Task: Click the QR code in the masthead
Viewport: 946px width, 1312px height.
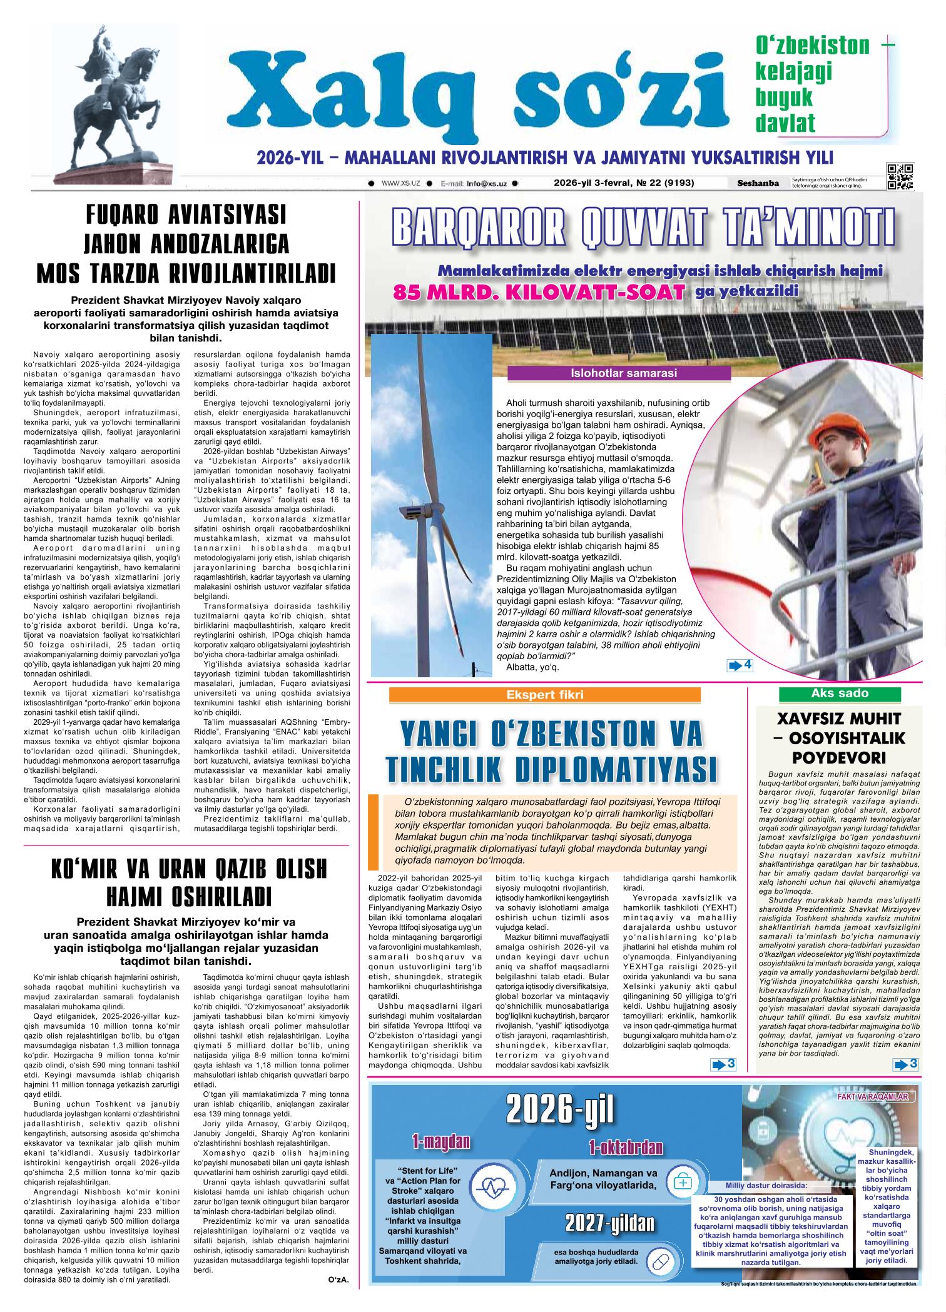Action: click(x=900, y=176)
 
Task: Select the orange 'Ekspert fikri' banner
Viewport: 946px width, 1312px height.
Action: click(x=545, y=695)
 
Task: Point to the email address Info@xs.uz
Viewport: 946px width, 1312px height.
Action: click(x=486, y=184)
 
